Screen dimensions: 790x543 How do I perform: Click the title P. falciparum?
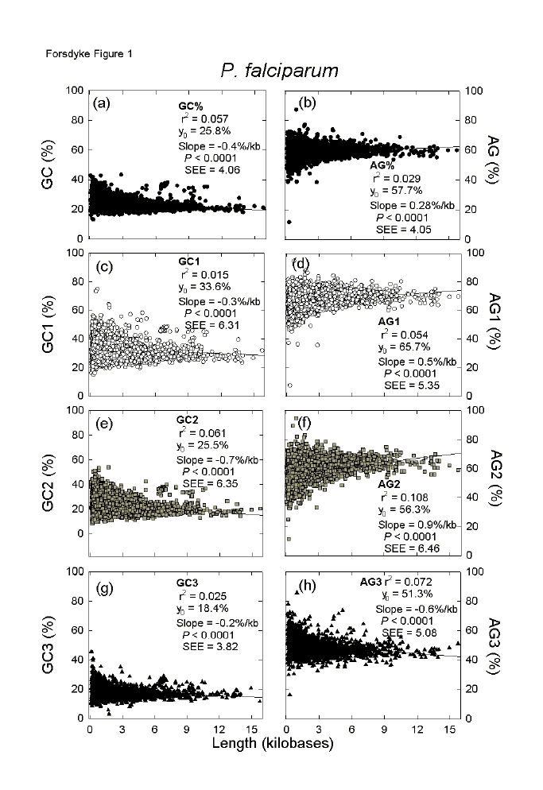279,70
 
